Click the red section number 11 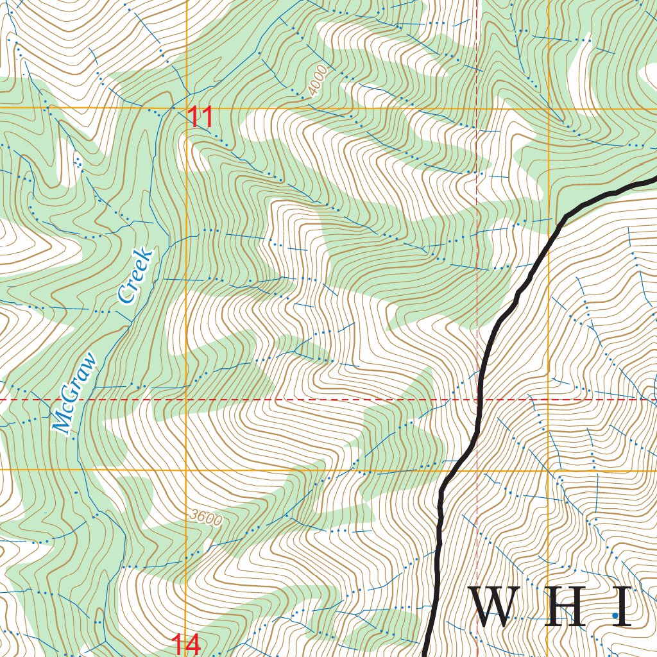click(200, 118)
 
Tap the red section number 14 click(186, 644)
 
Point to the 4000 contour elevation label click(317, 81)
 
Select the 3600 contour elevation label click(205, 518)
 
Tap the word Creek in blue click(136, 275)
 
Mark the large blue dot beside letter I click(615, 615)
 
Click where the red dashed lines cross click(477, 399)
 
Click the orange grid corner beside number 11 click(187, 108)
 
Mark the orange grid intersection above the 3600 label click(187, 470)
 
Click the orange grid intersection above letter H click(549, 470)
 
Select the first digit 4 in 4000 click(312, 91)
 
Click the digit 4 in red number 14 click(194, 644)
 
